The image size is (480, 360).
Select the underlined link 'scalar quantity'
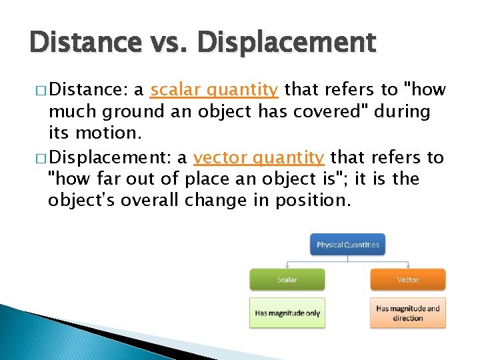(x=214, y=89)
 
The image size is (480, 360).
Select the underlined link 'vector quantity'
(x=259, y=157)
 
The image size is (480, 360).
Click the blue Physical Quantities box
(x=347, y=245)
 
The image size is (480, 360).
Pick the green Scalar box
(x=287, y=279)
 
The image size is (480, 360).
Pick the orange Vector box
(x=407, y=279)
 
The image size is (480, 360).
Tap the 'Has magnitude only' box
(x=287, y=313)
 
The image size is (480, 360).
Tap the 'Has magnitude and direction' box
(x=407, y=313)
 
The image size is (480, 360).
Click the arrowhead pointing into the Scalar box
(x=287, y=266)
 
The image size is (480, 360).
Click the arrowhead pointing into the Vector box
(x=407, y=266)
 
